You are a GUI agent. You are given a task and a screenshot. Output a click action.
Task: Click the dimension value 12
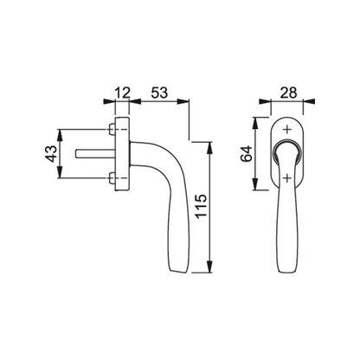123,93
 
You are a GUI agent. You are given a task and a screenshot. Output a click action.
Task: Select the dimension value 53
159,93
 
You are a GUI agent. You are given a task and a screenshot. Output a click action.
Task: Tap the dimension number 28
288,93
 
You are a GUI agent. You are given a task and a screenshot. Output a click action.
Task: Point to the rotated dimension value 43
51,154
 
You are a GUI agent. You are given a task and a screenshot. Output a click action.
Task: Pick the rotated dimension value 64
247,154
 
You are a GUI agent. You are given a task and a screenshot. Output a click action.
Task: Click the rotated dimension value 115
201,206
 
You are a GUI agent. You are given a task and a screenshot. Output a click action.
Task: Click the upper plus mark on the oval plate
286,129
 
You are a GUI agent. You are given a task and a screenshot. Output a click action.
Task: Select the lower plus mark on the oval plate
286,178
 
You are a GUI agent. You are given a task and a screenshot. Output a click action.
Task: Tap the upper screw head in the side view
112,129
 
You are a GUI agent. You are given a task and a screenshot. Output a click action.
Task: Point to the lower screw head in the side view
112,178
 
